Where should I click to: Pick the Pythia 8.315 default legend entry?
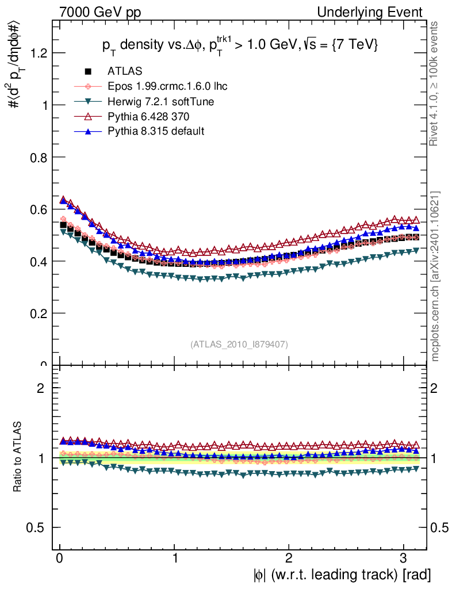coord(156,131)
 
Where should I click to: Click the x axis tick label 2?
coord(289,559)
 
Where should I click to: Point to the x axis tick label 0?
coord(60,559)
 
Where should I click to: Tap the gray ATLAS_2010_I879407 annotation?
coord(239,345)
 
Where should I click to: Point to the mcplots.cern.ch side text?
coord(435,276)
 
